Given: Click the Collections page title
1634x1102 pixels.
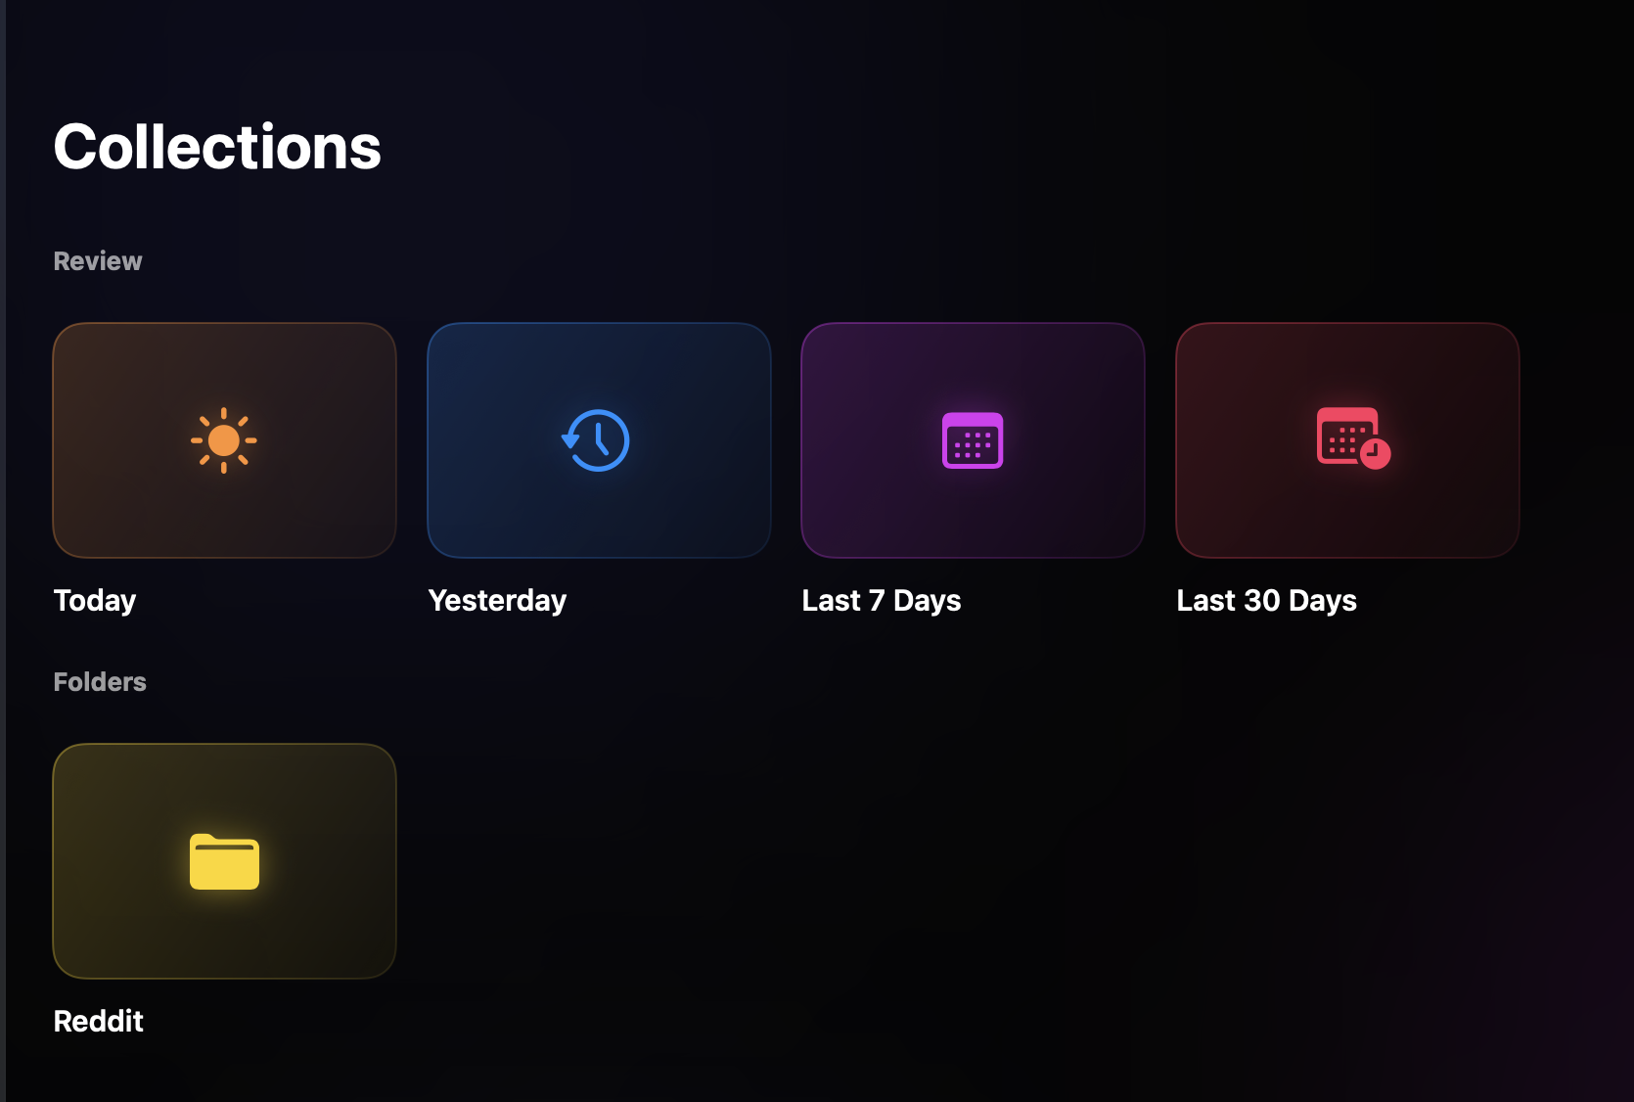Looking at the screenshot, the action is coord(216,147).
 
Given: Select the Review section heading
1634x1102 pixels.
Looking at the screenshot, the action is coord(98,261).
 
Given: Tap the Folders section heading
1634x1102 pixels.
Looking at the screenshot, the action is coord(100,681).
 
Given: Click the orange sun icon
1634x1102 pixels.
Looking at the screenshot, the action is coord(224,440).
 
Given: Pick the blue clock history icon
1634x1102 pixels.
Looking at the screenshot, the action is coord(596,440).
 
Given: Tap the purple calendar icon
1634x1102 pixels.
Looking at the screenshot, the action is coord(973,440).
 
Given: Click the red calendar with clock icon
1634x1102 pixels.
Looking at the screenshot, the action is coord(1353,437).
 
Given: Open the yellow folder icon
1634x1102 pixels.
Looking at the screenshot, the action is coord(224,861).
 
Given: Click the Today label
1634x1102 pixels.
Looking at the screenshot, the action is coord(95,601).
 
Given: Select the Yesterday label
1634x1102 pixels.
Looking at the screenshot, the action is coord(497,601).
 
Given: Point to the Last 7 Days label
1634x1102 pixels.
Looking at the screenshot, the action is coord(882,601).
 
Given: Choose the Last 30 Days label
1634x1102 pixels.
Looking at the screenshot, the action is coord(1266,601).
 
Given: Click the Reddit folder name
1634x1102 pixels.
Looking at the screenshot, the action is coord(99,1021).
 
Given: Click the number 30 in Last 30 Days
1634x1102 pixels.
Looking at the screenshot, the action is coord(1262,601).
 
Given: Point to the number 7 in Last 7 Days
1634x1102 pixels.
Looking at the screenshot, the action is coord(877,601).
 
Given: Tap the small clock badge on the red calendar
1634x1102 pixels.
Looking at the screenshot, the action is coord(1375,454).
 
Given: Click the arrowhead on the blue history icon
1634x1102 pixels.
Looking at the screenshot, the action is coord(569,440).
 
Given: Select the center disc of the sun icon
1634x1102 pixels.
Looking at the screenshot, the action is coord(224,440).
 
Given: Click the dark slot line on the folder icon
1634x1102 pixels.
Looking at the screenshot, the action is coord(224,848).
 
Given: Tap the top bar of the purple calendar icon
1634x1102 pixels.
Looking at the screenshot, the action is coord(973,420).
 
